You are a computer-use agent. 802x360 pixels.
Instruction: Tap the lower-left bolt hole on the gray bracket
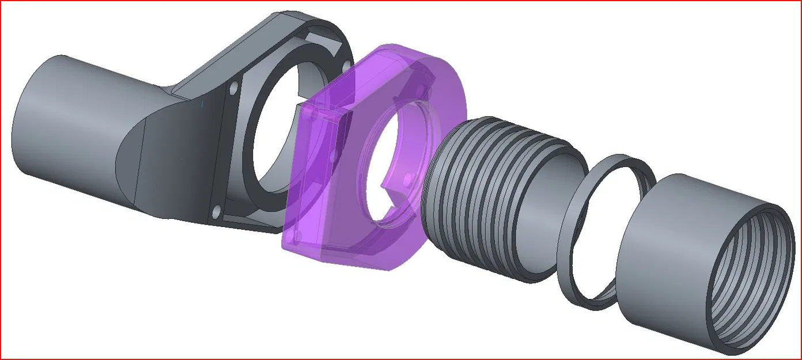coord(216,213)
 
